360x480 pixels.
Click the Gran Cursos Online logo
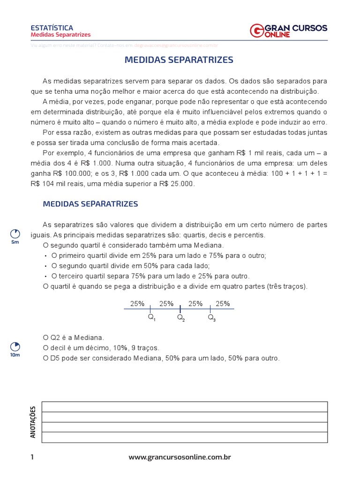click(x=289, y=31)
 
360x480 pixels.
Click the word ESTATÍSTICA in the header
click(x=52, y=28)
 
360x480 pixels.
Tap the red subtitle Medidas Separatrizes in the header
click(x=60, y=35)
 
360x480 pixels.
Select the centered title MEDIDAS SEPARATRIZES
click(x=179, y=60)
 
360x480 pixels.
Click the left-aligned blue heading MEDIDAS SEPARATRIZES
click(x=90, y=204)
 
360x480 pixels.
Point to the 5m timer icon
click(x=15, y=234)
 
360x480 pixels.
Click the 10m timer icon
click(x=15, y=347)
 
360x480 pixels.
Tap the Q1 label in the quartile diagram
click(x=151, y=317)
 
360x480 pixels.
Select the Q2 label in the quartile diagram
click(x=181, y=317)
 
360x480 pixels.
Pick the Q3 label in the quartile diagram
click(x=211, y=317)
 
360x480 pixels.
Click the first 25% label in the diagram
click(x=137, y=304)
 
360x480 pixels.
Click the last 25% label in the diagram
click(x=223, y=304)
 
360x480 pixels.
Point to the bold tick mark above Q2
click(x=180, y=309)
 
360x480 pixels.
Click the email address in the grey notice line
click(x=176, y=45)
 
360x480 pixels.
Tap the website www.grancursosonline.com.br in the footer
click(x=180, y=457)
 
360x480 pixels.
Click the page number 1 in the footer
click(x=32, y=457)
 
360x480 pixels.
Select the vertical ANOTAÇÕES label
click(x=33, y=422)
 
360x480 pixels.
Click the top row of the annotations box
click(x=185, y=406)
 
